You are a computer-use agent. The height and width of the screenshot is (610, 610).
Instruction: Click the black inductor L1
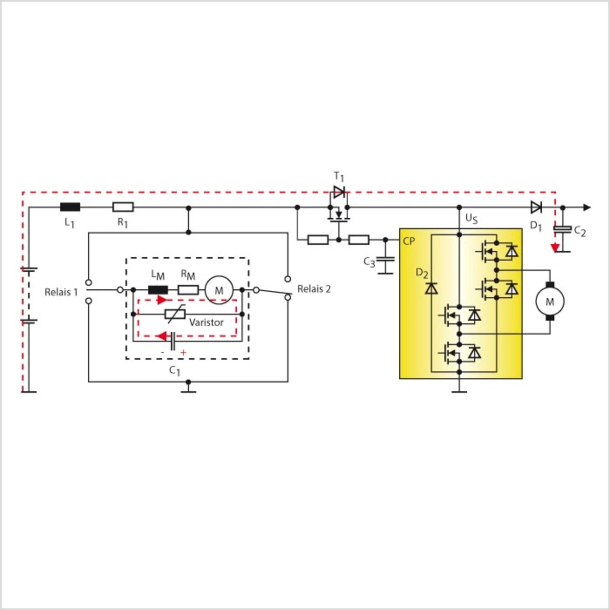click(x=70, y=207)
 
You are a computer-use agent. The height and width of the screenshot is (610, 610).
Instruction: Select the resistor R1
click(x=123, y=207)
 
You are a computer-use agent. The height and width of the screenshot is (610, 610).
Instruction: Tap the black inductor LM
click(x=158, y=290)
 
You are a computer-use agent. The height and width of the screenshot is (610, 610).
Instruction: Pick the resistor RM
click(x=188, y=290)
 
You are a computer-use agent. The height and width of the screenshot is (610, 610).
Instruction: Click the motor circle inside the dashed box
click(x=219, y=290)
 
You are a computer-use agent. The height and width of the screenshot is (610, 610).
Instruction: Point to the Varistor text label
click(x=206, y=323)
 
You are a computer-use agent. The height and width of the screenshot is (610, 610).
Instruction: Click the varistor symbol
click(x=175, y=314)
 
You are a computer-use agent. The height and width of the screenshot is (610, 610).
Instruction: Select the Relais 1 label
click(x=61, y=292)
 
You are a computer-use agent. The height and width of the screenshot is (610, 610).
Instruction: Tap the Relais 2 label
click(x=314, y=289)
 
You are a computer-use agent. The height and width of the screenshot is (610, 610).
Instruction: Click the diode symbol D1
click(x=536, y=207)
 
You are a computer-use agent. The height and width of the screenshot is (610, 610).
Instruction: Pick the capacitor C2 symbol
click(x=562, y=229)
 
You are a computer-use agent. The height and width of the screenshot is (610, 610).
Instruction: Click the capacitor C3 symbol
click(x=385, y=260)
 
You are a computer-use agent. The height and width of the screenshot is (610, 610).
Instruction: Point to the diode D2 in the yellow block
click(x=431, y=288)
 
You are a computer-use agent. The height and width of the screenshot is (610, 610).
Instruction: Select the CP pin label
click(x=409, y=241)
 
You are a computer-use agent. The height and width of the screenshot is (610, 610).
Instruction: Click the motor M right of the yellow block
click(x=550, y=302)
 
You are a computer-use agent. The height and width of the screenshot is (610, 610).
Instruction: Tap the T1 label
click(x=339, y=177)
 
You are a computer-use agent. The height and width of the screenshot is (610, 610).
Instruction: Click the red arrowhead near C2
click(x=555, y=247)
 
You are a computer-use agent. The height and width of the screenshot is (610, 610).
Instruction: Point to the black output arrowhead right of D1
click(x=587, y=207)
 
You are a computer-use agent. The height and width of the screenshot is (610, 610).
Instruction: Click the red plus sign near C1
click(x=183, y=353)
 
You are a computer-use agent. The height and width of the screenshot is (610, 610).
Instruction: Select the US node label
click(x=471, y=219)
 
